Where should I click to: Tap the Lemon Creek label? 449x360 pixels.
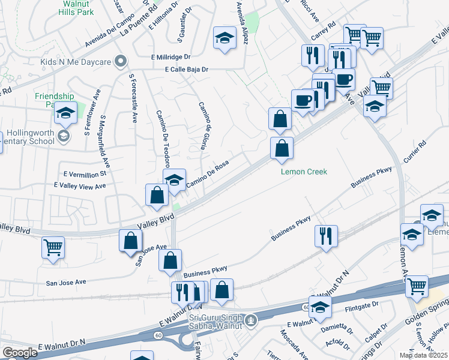304,172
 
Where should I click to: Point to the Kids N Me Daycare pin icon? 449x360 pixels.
121,61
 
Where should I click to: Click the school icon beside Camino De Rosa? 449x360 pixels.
174,180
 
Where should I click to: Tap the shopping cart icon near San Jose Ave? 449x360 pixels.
53,247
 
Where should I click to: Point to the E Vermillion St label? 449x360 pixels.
85,174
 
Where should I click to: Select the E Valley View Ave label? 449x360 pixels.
80,186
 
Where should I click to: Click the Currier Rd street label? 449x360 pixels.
415,152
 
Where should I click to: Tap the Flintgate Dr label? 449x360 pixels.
362,310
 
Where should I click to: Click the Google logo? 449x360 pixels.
20,353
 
